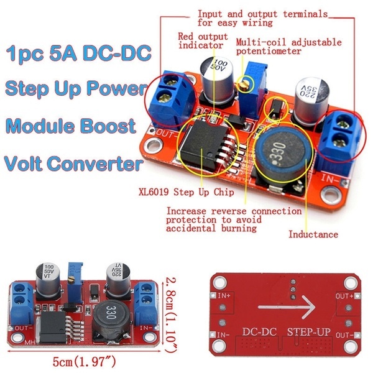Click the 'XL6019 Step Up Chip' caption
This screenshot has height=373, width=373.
(186, 192)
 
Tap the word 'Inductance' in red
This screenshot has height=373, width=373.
(313, 234)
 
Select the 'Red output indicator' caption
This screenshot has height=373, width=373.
(203, 41)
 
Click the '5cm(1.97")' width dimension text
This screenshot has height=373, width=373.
(84, 362)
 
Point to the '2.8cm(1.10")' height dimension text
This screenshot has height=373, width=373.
(171, 315)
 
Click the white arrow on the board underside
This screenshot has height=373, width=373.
(287, 307)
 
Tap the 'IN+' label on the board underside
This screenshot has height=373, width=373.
(224, 296)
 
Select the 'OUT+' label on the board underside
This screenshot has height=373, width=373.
(344, 296)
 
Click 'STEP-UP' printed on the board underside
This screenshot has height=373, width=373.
(309, 332)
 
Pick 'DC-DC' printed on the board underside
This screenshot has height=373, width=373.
(259, 332)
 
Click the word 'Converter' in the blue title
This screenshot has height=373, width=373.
(95, 163)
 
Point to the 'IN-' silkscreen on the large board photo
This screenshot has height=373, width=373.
(331, 179)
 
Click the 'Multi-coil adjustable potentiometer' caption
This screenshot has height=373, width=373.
(289, 47)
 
